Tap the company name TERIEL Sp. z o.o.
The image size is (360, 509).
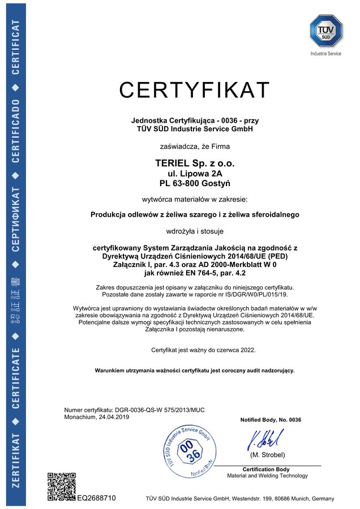pos(194,163)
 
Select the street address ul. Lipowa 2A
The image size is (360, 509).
pos(194,173)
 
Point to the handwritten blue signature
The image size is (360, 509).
pos(265,439)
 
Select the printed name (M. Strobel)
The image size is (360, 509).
pos(267,455)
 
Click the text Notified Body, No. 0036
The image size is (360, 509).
pos(271,420)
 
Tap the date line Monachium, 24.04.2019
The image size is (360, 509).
pos(97,417)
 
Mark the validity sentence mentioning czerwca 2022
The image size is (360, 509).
pos(203,351)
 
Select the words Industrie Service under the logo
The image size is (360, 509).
pos(325,53)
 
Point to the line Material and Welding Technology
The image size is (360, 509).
pos(267,476)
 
